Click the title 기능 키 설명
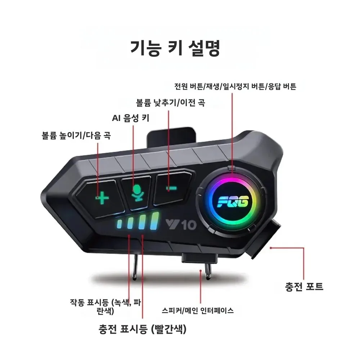(x=175, y=48)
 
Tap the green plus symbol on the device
(x=102, y=198)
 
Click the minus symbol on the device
(x=171, y=188)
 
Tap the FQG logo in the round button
(x=233, y=202)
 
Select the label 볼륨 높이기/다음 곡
(x=76, y=135)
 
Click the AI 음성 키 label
(x=131, y=118)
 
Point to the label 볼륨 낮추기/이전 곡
(x=171, y=102)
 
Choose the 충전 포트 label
(x=304, y=287)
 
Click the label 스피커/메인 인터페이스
(x=198, y=311)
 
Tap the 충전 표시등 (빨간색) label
(x=143, y=329)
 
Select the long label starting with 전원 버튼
(x=235, y=86)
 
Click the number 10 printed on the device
(x=189, y=225)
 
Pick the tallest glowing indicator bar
(x=154, y=221)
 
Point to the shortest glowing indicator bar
(x=120, y=224)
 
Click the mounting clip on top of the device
(x=171, y=138)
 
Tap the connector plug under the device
(x=199, y=258)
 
